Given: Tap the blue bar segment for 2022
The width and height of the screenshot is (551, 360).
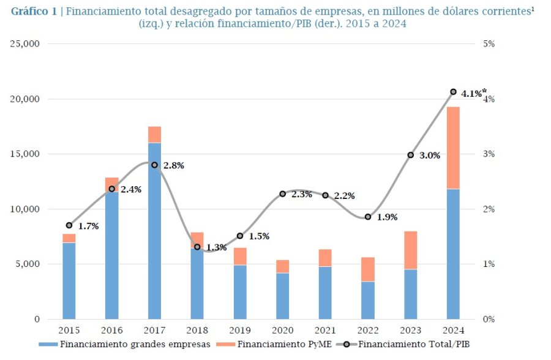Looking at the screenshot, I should (368, 300).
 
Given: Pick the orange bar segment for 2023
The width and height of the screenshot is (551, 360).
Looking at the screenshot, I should (411, 250).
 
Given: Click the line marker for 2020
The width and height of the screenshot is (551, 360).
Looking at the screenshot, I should (282, 194).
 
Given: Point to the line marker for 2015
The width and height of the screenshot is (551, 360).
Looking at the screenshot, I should (69, 225).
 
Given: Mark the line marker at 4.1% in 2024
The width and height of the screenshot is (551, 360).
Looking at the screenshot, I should (453, 92).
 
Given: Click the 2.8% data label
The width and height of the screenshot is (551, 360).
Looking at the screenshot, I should (173, 165).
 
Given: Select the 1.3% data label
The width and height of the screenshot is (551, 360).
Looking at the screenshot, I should (216, 247).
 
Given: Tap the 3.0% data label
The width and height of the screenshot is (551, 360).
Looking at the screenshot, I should (430, 156).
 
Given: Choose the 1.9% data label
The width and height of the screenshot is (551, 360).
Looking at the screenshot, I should (387, 217).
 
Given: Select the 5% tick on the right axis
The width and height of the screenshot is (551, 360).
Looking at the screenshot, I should (489, 44).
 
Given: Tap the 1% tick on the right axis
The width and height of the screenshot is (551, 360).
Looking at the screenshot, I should (489, 264).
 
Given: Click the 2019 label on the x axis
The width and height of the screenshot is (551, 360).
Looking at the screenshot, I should (240, 331).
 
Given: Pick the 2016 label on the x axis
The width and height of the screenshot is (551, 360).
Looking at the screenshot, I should (111, 331).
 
